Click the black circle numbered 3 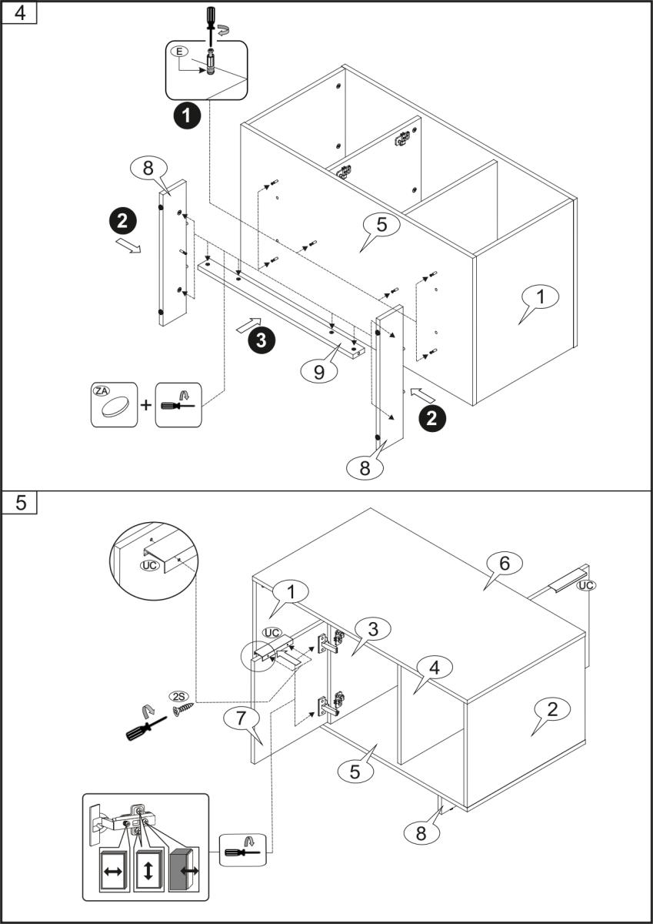(x=262, y=340)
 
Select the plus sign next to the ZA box (x=146, y=403)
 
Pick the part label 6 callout (x=505, y=564)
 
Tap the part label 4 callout (x=435, y=667)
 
